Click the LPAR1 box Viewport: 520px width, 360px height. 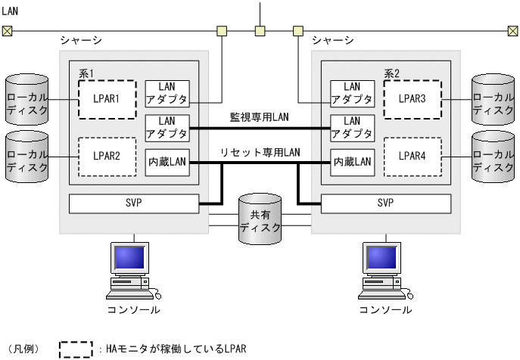tap(107, 99)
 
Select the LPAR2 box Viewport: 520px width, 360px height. tap(107, 157)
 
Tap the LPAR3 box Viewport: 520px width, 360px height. tap(411, 99)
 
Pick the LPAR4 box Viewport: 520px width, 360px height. tap(411, 157)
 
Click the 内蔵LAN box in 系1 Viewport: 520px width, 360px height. tap(167, 162)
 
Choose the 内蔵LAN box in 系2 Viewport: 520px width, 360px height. tap(352, 162)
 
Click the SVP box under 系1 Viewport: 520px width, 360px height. tap(133, 203)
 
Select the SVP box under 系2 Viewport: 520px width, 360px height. tap(385, 203)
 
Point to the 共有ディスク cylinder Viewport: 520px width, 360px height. tap(260, 219)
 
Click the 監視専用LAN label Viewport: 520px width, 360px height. tap(260, 118)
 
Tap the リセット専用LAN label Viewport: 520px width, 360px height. tap(260, 152)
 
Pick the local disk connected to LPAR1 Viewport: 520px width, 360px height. tap(26, 99)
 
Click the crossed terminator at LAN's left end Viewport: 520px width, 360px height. tap(7, 31)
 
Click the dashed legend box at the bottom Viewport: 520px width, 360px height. tap(76, 349)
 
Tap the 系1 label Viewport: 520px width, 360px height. tap(86, 73)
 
